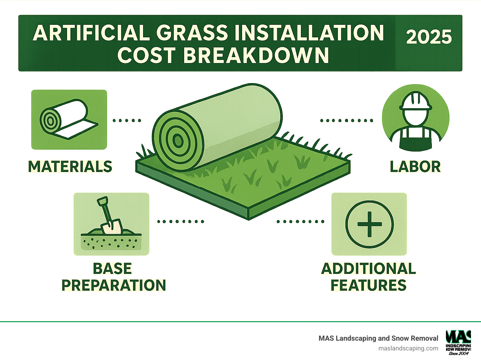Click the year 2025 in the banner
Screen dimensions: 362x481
[x=429, y=37]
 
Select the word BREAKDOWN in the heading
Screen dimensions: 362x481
[x=256, y=55]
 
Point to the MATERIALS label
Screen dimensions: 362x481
[x=70, y=167]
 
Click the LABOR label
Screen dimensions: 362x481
[x=415, y=167]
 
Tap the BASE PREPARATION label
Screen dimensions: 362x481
[x=113, y=277]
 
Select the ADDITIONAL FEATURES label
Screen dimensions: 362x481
[x=369, y=277]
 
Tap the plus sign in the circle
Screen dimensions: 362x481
[x=370, y=224]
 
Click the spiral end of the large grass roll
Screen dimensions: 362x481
[x=178, y=141]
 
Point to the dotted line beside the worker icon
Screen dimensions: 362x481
[x=347, y=120]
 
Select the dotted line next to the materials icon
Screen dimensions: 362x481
[x=127, y=120]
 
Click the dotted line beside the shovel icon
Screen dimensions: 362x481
[x=181, y=221]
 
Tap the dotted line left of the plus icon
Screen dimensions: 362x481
[x=300, y=221]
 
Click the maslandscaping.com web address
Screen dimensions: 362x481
[x=408, y=348]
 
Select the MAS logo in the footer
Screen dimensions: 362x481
[x=458, y=342]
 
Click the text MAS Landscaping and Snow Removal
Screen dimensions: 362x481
[x=378, y=338]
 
